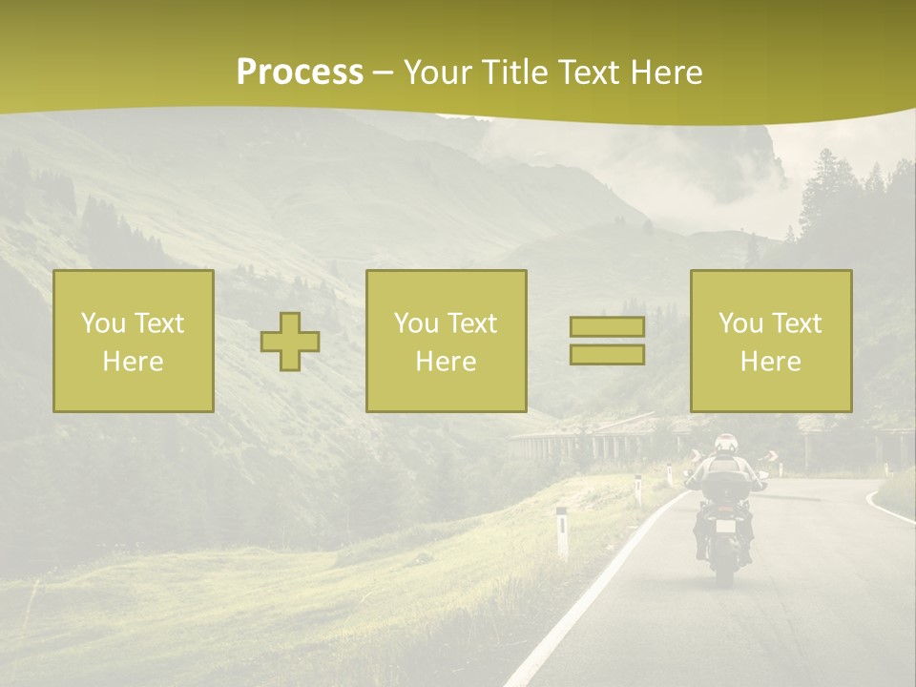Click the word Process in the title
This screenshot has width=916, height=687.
[300, 73]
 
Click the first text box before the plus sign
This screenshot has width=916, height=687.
[134, 341]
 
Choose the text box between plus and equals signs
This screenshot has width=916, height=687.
[446, 341]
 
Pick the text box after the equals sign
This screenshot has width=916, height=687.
[771, 341]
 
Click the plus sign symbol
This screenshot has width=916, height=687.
[290, 342]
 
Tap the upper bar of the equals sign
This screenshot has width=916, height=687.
[607, 326]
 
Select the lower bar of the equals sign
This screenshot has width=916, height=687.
[607, 354]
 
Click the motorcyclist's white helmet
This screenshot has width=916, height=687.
[726, 444]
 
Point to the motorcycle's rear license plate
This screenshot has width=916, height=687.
[726, 526]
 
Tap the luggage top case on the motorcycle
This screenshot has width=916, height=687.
[727, 487]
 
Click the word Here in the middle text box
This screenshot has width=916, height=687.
[446, 362]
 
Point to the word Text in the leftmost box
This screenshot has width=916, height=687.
[158, 323]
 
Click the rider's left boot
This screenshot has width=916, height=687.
[701, 551]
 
